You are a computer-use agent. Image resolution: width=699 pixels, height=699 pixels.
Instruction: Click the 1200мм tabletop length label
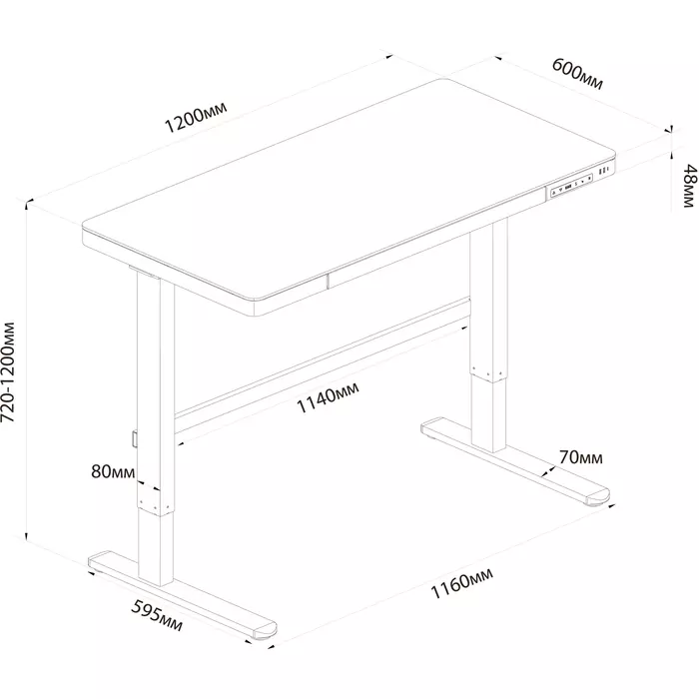coord(196,117)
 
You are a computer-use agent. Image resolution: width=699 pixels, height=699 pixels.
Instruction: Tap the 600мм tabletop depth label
coord(578,74)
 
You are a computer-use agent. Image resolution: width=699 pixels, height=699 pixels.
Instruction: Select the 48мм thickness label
coord(690,186)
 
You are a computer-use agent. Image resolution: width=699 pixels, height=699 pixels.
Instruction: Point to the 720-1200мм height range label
coord(8,372)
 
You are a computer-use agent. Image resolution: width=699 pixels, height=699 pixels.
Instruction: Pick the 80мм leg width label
coord(113,471)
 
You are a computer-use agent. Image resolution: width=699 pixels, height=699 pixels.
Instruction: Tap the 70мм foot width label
coord(581,457)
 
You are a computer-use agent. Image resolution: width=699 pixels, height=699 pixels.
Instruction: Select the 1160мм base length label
coord(461,583)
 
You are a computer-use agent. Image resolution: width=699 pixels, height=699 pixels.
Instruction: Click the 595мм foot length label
coord(157,616)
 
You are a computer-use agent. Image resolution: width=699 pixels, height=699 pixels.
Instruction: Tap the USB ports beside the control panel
coord(603,171)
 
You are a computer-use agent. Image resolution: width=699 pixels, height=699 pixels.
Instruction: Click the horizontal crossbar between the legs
coord(322,366)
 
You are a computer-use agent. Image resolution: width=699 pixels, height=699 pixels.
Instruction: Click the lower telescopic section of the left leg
coord(155,547)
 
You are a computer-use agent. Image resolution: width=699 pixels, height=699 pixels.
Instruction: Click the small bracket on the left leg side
coord(134,437)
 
